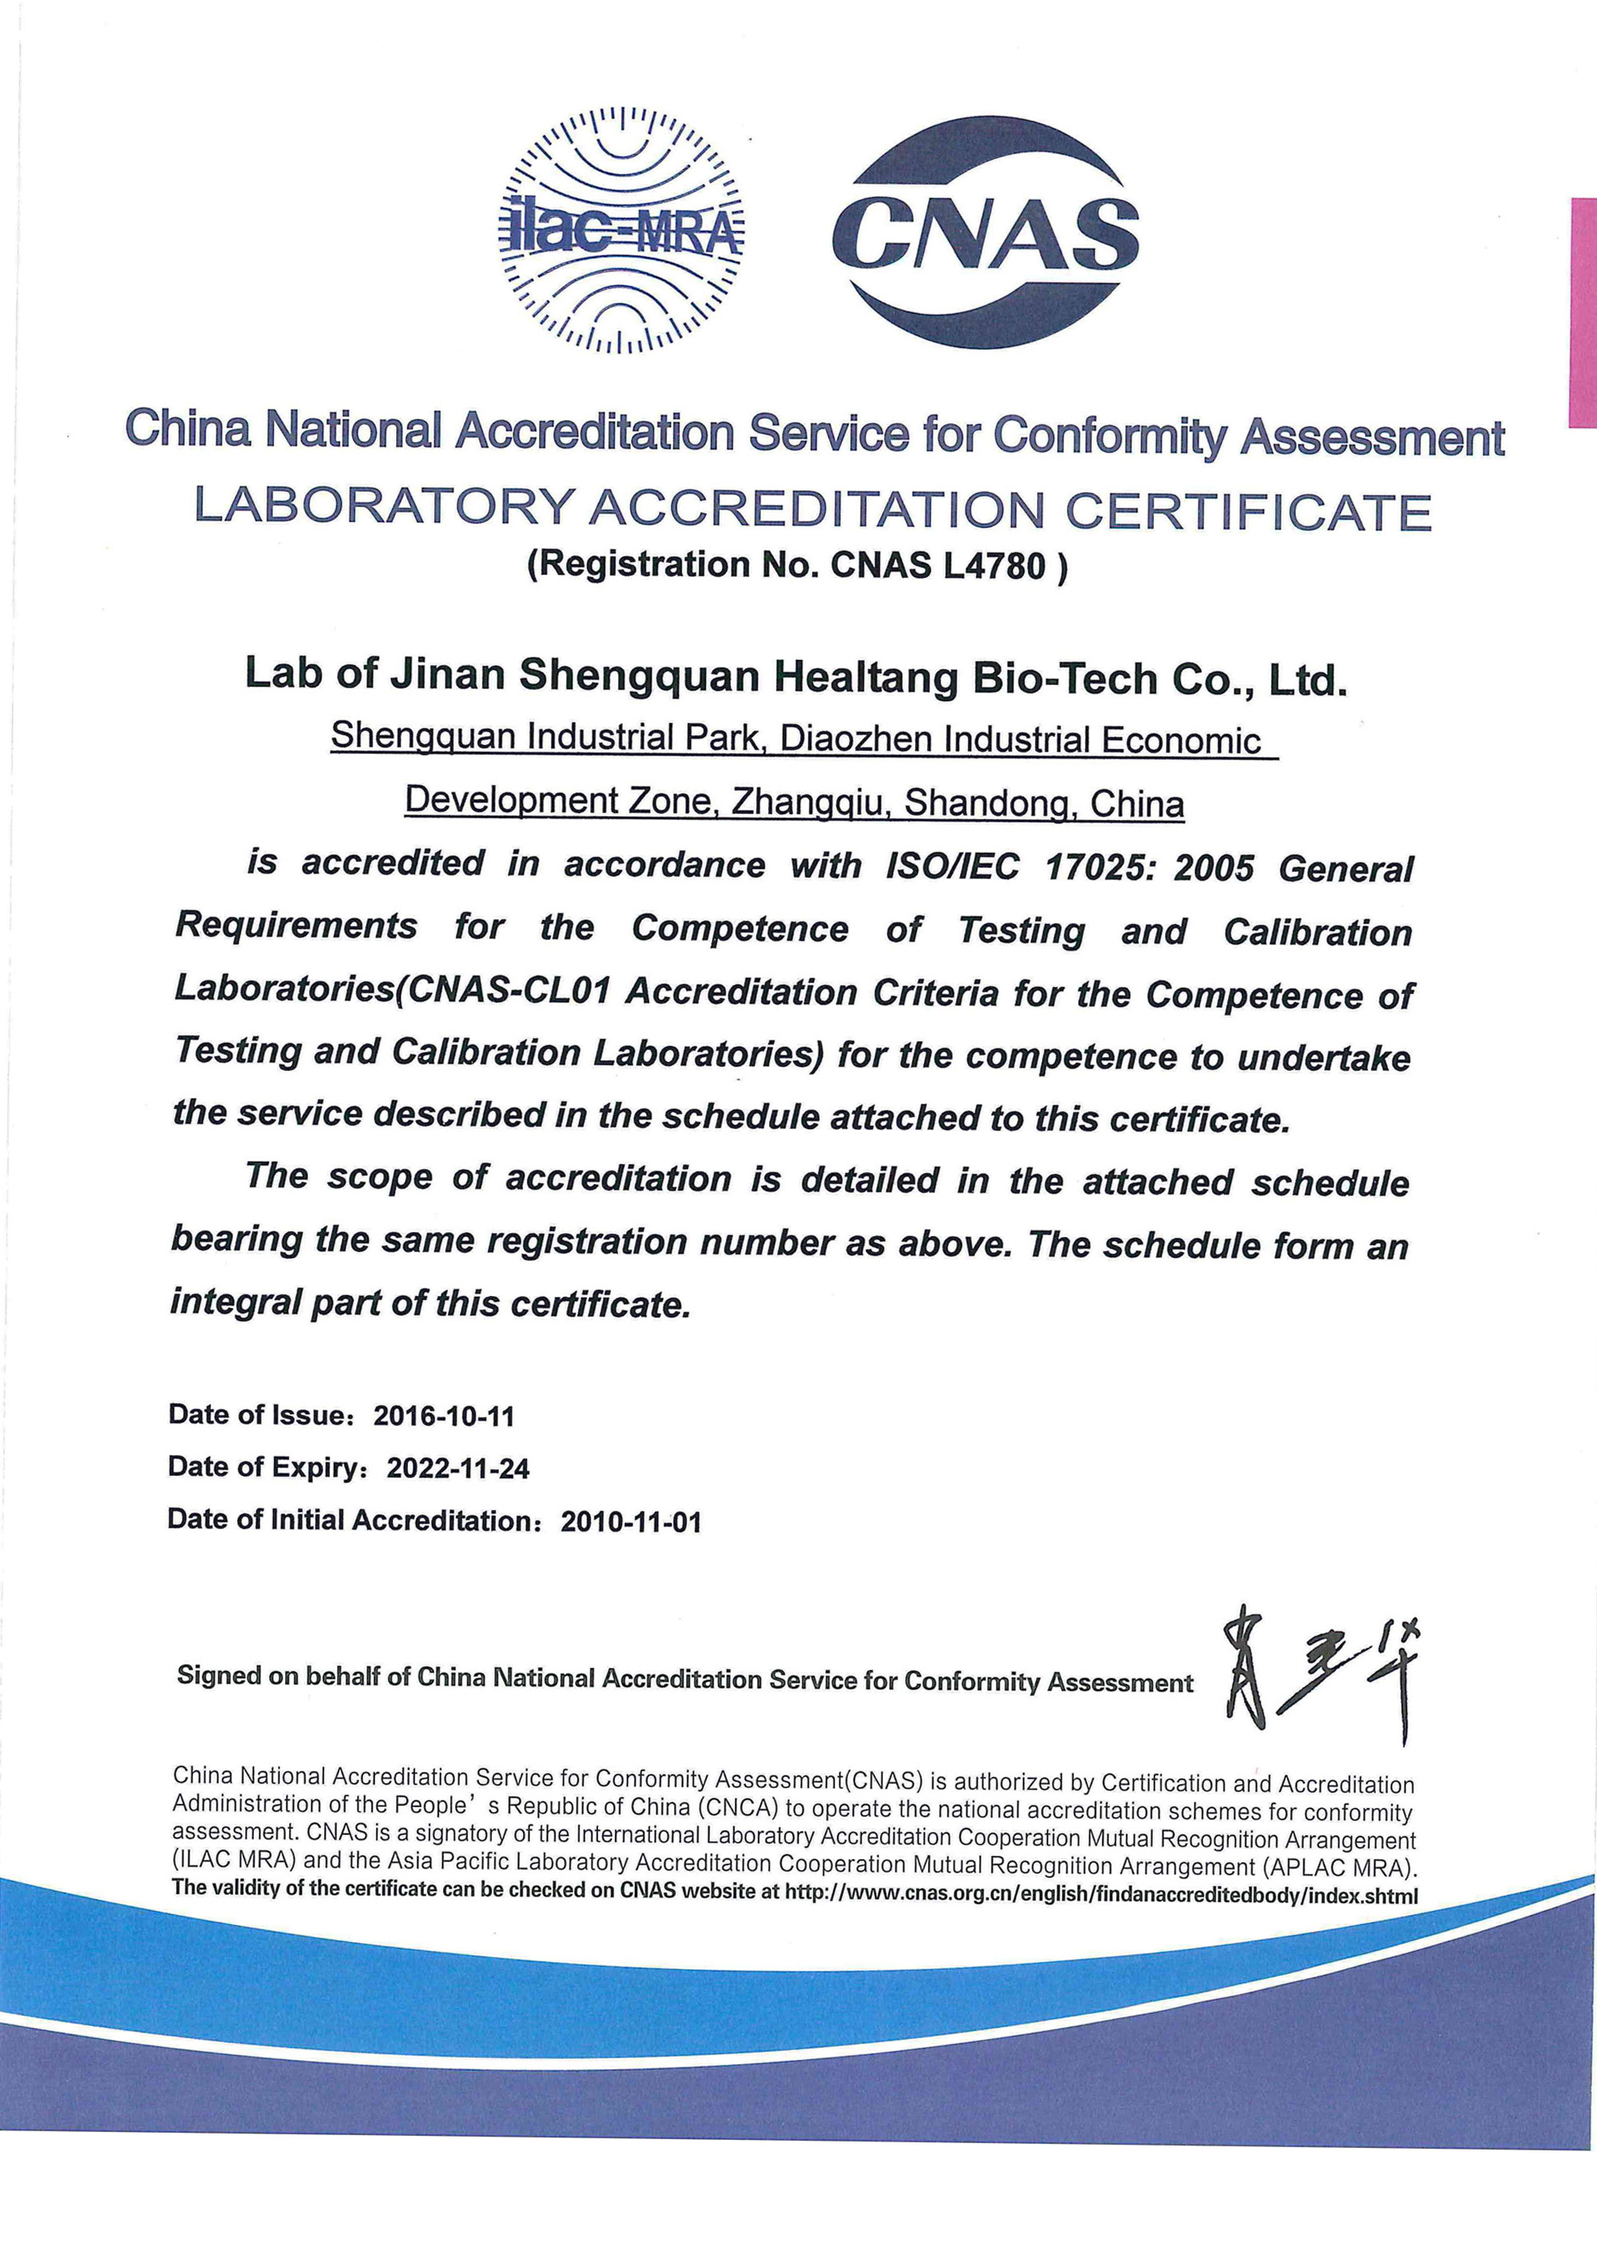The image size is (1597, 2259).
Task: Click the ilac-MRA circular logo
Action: (x=621, y=230)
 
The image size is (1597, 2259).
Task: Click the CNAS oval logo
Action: (x=986, y=232)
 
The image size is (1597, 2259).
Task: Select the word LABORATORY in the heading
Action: (x=384, y=507)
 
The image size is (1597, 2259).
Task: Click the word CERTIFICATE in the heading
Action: (x=1249, y=512)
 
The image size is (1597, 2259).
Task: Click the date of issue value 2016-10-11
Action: (x=444, y=1416)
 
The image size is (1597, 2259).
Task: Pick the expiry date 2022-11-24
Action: (x=458, y=1469)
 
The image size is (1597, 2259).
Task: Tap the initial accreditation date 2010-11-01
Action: (x=631, y=1522)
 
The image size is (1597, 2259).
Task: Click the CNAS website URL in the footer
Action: (x=1100, y=1895)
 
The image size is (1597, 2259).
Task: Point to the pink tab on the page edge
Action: (x=1583, y=312)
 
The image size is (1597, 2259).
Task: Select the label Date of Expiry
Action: (x=262, y=1467)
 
